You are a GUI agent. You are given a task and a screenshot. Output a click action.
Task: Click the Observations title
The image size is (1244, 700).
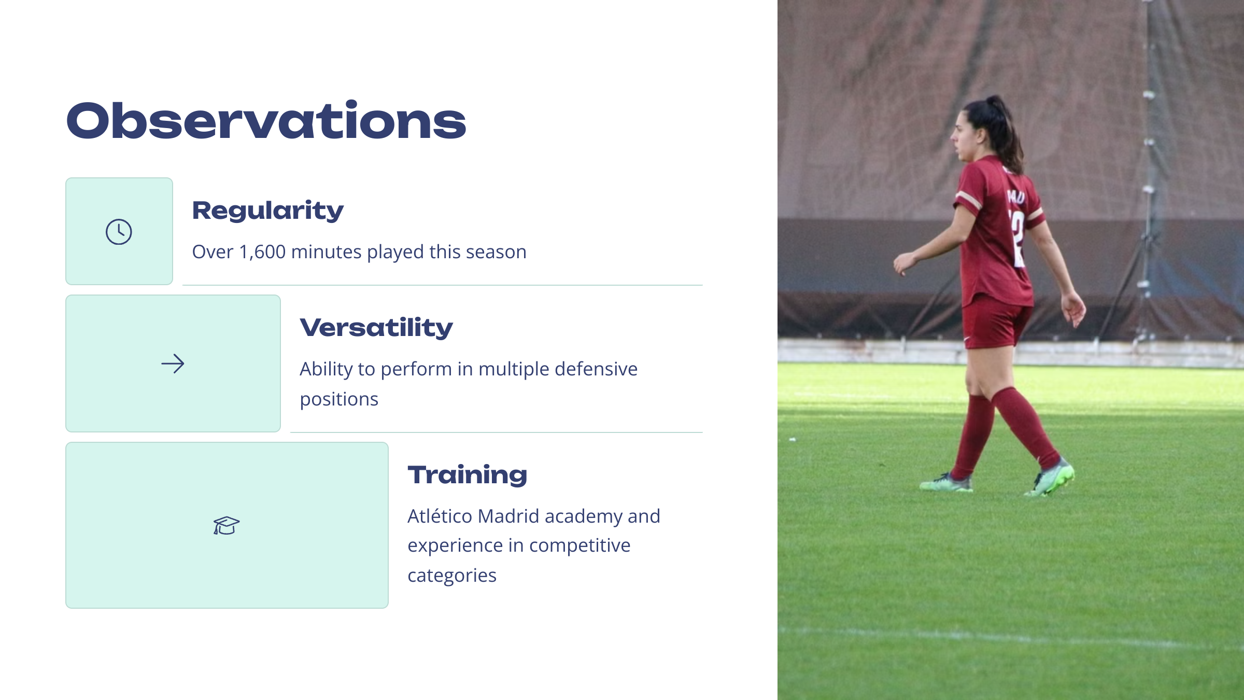(x=266, y=120)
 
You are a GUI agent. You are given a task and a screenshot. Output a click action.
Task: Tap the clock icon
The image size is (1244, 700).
(x=119, y=231)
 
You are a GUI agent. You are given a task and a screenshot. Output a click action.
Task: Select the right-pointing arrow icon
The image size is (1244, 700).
(x=173, y=363)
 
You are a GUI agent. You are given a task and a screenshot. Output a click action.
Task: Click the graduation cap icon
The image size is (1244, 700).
(x=227, y=525)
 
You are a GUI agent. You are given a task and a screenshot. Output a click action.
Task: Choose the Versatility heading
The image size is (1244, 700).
(x=376, y=328)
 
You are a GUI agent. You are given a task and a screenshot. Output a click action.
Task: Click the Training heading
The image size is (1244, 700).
(x=467, y=475)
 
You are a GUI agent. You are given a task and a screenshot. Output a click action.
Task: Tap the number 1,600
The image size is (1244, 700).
(x=262, y=252)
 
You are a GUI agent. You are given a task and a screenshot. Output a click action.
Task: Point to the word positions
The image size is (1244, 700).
(x=339, y=400)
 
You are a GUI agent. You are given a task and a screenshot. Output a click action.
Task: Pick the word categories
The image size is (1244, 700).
(x=452, y=576)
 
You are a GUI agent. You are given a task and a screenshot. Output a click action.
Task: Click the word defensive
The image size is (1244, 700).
(x=596, y=369)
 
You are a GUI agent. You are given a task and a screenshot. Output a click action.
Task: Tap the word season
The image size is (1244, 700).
(x=496, y=253)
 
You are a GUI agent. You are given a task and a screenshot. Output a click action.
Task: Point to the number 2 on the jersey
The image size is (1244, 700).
(x=1017, y=239)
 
